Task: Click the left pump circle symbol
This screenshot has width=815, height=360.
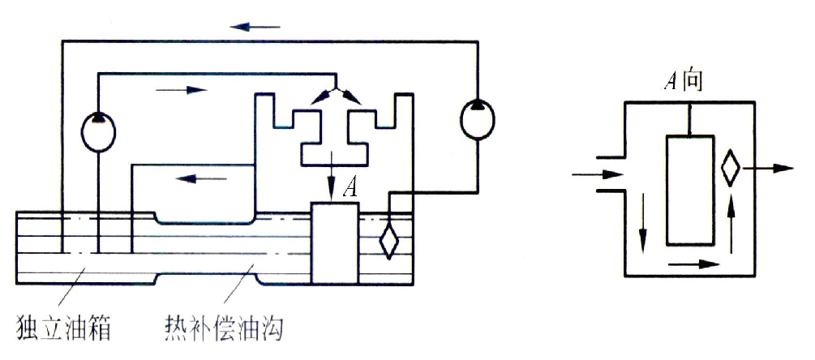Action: click(97, 131)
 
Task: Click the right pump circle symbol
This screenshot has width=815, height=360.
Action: click(475, 119)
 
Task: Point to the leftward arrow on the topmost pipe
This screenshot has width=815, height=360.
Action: click(254, 27)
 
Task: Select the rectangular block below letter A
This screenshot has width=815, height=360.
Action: click(335, 243)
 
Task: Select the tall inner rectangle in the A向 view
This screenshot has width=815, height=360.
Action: click(690, 191)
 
